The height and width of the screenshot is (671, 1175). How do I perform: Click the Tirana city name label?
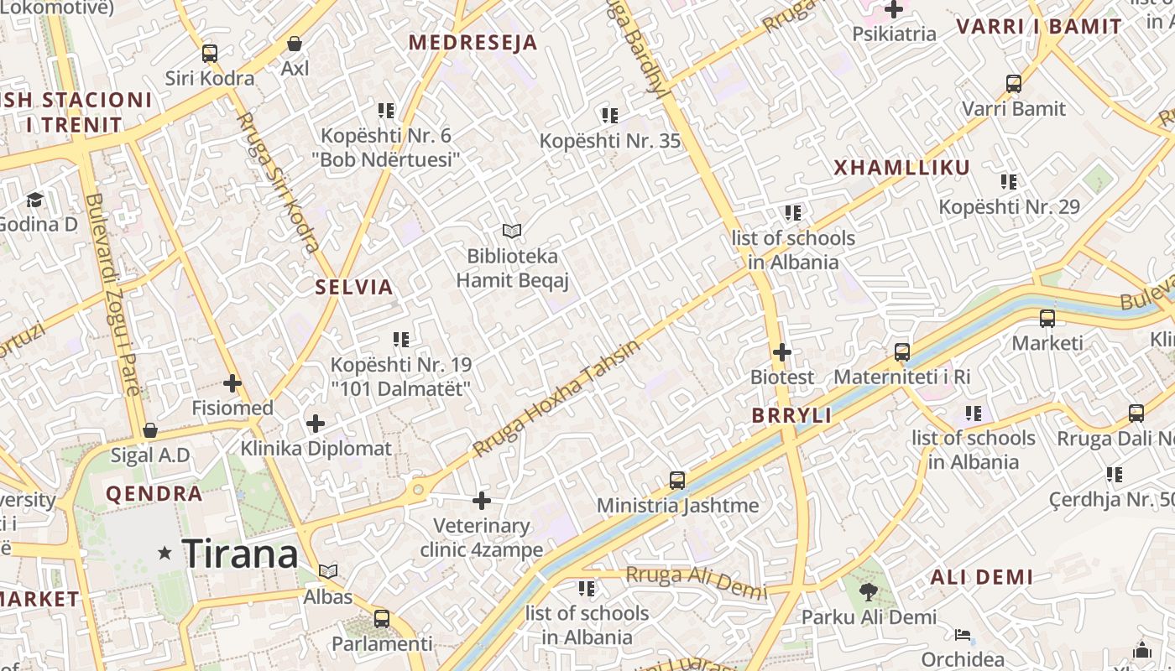(x=240, y=554)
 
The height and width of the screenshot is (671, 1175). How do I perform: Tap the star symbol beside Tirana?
(x=165, y=553)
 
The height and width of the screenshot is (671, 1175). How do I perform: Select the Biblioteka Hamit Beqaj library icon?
(x=512, y=231)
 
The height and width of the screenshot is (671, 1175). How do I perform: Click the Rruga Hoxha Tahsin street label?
(x=556, y=398)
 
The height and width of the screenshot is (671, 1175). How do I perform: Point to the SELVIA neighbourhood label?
(x=354, y=287)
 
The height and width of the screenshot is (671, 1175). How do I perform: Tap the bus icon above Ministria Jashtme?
(x=677, y=481)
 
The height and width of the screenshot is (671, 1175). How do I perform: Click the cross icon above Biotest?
(x=781, y=352)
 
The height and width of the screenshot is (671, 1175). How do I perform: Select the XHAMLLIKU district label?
(x=901, y=168)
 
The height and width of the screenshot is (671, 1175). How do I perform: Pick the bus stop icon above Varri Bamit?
(x=1014, y=84)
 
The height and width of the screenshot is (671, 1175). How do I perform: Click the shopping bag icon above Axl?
(x=295, y=44)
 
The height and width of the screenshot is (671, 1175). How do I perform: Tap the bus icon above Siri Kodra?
(x=210, y=54)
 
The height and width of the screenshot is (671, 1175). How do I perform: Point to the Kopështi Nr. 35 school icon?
(x=609, y=116)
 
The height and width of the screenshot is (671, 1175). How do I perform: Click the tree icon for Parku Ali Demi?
(x=869, y=592)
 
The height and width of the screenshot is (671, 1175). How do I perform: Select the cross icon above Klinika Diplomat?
(x=316, y=424)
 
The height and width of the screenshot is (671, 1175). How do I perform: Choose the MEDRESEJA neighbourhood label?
(x=473, y=43)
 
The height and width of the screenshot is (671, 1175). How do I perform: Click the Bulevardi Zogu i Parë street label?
(x=112, y=294)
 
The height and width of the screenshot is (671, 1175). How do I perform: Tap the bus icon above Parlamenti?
(x=382, y=619)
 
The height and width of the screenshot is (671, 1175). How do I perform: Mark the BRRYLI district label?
(x=791, y=415)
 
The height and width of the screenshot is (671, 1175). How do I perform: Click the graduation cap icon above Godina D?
(x=34, y=200)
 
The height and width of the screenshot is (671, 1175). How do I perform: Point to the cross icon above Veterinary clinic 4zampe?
(x=481, y=501)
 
